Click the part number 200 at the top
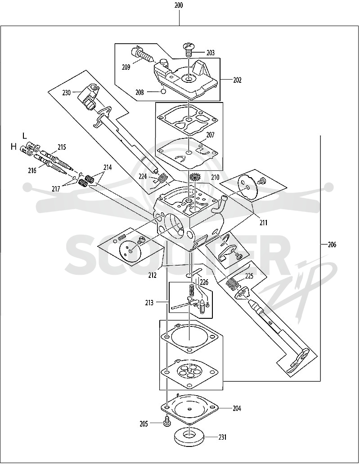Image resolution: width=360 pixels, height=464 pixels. [179, 5]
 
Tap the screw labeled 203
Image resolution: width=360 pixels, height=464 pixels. [187, 50]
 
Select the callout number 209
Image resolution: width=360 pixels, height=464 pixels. [126, 67]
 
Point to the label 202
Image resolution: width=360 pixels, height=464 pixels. [237, 80]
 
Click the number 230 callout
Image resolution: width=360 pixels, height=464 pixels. [67, 93]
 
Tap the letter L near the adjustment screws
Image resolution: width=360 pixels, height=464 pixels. [25, 136]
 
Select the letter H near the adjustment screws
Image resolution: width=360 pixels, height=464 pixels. [13, 147]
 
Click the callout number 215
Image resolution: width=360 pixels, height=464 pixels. [62, 147]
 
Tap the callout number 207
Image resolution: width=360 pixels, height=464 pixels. [210, 135]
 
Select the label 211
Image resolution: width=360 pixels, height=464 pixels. [263, 222]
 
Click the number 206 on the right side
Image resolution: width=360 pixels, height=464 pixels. [332, 245]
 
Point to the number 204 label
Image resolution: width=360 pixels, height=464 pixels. [237, 408]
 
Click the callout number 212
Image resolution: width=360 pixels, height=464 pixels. [153, 275]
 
